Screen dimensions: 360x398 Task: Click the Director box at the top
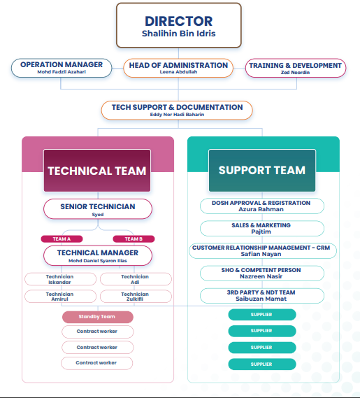pos(179,25)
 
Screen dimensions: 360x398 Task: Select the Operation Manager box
pos(62,68)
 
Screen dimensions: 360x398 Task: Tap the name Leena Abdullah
pos(178,72)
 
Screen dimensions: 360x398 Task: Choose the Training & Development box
pos(296,68)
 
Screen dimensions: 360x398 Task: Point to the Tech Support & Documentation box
pos(177,111)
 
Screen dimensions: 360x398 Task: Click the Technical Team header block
pos(97,170)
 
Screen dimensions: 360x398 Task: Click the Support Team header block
pos(262,170)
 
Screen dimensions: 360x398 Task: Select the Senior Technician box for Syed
pos(98,209)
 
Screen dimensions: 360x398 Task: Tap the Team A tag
pos(62,239)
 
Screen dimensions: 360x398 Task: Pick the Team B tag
pos(134,239)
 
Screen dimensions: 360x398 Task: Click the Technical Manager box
pos(98,255)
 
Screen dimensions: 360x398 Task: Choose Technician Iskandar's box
pos(60,279)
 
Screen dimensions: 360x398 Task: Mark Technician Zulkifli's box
pos(136,296)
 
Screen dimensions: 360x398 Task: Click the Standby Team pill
pos(98,317)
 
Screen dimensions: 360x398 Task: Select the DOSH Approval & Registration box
pos(262,206)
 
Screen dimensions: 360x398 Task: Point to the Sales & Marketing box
pos(262,228)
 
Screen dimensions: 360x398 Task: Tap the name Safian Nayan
pos(261,254)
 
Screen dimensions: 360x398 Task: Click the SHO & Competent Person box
pos(262,273)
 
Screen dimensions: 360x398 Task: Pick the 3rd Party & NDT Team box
pos(262,296)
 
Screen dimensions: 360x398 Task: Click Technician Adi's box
pos(136,279)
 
